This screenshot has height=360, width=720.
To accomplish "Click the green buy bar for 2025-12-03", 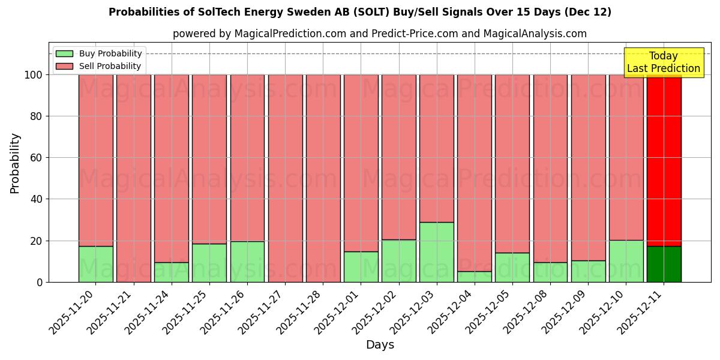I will [436, 252].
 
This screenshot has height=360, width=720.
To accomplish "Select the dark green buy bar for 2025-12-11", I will [664, 264].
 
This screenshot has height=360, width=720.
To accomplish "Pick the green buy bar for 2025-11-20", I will [95, 264].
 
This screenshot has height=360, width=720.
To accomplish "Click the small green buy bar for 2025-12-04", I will [474, 277].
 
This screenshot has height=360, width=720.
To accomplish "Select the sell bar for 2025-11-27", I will [285, 178].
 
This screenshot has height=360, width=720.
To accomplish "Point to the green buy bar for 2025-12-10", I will [626, 261].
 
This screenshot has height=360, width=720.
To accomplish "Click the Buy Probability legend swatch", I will [64, 53].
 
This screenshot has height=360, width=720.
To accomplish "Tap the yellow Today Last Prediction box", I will [663, 62].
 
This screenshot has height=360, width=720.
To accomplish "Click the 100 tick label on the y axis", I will [33, 75].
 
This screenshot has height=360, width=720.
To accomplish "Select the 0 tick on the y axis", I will [39, 282].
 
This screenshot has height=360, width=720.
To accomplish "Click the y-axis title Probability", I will [15, 163].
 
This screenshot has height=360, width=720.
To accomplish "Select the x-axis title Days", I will [380, 345].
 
